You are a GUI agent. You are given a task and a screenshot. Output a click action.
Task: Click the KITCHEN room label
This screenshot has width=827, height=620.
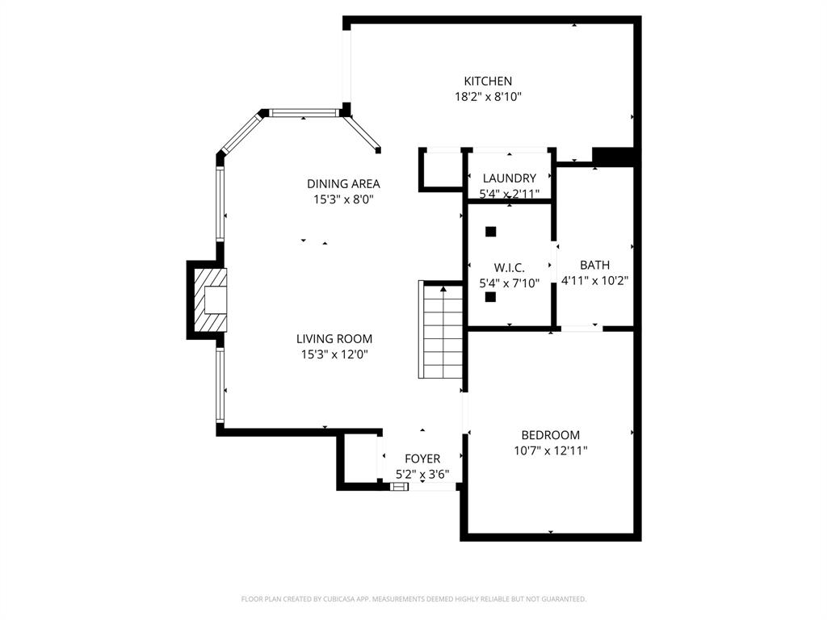[488, 81]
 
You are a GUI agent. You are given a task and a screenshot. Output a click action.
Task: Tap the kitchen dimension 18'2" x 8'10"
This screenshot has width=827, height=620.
[488, 97]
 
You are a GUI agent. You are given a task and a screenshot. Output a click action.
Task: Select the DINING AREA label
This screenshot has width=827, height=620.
[343, 183]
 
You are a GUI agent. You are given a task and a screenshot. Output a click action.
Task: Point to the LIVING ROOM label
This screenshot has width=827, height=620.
[334, 339]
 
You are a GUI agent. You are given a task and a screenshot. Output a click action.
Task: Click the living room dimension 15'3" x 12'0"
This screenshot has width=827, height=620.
[334, 354]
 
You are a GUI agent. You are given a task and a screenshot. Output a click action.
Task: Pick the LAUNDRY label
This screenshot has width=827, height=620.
[510, 178]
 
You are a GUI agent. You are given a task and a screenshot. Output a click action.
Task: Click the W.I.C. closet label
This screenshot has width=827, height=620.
[510, 267]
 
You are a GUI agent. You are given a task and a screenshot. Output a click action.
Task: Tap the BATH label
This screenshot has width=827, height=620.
[594, 265]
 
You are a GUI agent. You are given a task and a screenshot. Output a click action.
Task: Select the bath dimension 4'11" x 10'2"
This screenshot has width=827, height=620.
[594, 281]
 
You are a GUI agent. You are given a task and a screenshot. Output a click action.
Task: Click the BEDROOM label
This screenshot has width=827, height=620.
[550, 435]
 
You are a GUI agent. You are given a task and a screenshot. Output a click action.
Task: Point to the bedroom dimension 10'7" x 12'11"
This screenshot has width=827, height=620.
[550, 451]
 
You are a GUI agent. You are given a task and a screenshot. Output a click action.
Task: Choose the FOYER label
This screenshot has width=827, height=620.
[422, 459]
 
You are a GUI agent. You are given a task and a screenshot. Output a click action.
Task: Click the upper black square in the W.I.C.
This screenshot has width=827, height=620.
[490, 232]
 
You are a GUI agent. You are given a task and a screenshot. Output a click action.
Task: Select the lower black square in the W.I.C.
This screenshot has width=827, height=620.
[490, 296]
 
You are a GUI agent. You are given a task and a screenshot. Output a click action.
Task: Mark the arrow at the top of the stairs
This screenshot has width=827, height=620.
[443, 289]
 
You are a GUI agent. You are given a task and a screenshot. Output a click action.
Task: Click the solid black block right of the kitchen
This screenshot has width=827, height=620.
[613, 156]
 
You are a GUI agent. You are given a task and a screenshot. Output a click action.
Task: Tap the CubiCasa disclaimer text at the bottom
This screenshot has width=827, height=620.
[413, 599]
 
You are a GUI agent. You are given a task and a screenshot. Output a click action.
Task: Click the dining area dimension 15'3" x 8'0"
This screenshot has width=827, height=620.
[343, 199]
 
